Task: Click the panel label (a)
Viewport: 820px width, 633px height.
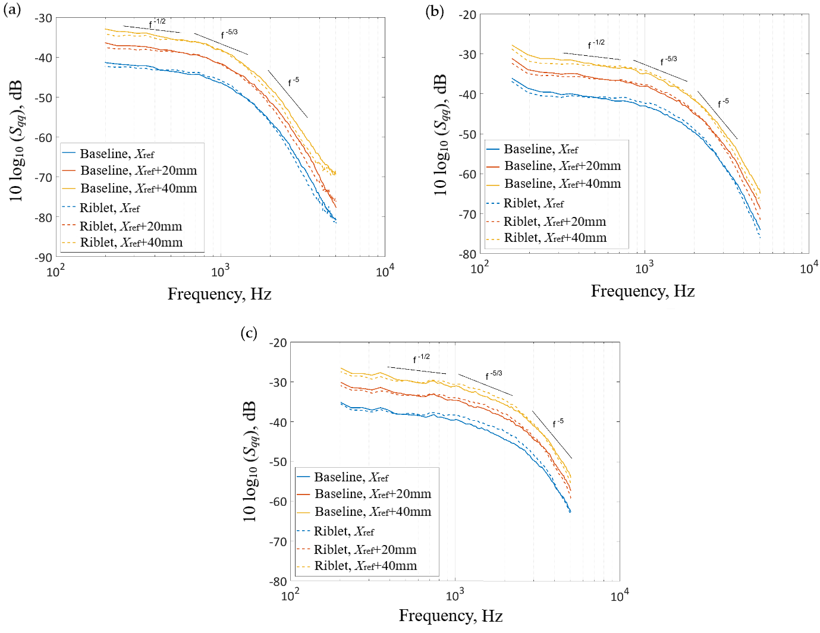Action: click(x=12, y=10)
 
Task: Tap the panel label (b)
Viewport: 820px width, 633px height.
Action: click(x=435, y=11)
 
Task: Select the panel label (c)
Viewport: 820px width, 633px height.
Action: click(x=249, y=333)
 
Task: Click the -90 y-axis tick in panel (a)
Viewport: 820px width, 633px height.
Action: click(x=43, y=257)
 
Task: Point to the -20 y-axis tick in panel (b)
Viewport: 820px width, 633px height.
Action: click(x=468, y=15)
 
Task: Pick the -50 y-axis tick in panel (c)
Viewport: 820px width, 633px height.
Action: click(x=278, y=462)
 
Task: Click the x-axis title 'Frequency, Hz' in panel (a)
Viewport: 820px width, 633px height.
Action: click(x=219, y=294)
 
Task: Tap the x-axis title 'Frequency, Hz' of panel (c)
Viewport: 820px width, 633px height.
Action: click(x=451, y=616)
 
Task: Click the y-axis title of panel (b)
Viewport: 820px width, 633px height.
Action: click(x=441, y=135)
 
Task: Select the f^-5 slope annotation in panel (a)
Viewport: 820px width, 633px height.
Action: click(x=293, y=82)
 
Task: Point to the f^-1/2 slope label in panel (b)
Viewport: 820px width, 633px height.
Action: click(x=596, y=44)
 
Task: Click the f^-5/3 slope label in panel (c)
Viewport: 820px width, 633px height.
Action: click(x=494, y=375)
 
